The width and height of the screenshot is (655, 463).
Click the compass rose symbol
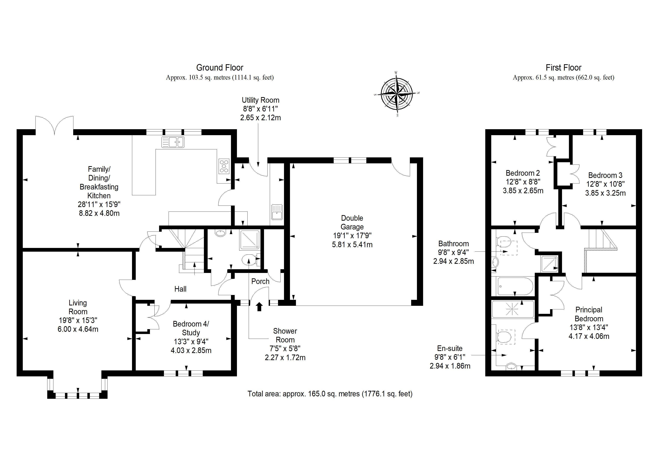(397, 94)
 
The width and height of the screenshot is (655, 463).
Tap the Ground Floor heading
(220, 68)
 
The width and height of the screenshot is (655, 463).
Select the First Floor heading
(564, 68)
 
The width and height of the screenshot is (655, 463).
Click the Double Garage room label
(352, 223)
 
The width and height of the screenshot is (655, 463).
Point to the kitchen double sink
(173, 142)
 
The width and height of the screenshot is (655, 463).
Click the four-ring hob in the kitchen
(224, 166)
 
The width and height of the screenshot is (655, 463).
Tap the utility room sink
(277, 212)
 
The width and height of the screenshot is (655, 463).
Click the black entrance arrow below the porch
(259, 307)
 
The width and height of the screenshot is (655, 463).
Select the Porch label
(260, 281)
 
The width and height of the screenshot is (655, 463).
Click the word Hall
(180, 289)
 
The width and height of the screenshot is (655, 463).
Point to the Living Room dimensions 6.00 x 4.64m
(78, 329)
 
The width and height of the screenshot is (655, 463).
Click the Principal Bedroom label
(589, 314)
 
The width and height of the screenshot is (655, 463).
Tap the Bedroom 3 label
(605, 175)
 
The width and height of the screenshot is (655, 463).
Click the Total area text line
(330, 394)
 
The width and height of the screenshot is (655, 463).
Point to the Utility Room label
(260, 100)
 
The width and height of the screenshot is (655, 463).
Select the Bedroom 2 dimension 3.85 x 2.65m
(523, 191)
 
